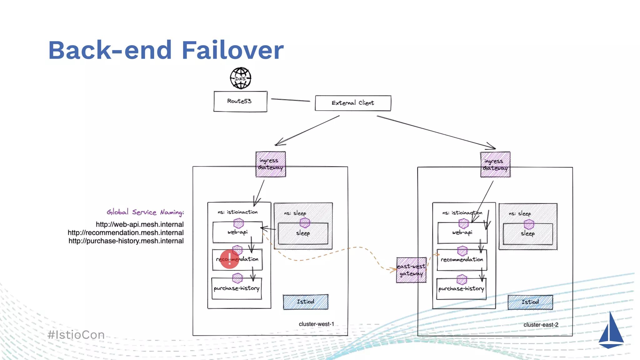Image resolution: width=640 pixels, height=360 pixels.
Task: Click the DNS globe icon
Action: pos(240,78)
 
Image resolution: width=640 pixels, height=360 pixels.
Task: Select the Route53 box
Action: pos(240,101)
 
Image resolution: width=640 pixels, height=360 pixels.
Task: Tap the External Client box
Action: pos(353,103)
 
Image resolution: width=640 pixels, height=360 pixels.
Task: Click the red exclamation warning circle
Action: pos(229,259)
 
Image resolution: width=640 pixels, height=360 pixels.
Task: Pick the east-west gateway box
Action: pos(411,270)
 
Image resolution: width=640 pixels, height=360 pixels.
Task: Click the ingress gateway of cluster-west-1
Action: pos(270,164)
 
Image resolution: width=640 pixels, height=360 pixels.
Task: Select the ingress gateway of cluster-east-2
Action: pos(495,165)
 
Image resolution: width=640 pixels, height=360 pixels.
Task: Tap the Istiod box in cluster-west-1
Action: pos(305,302)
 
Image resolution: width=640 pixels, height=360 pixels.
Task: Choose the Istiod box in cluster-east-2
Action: pos(530,302)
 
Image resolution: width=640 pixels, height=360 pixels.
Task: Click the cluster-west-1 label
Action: pos(316,324)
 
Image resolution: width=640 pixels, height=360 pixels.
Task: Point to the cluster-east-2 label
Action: pos(541,325)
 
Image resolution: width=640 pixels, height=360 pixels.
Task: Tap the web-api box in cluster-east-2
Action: pos(462,233)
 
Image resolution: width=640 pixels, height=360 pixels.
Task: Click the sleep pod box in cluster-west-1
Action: pos(303,233)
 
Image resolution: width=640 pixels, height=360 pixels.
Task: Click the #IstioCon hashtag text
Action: pos(76,335)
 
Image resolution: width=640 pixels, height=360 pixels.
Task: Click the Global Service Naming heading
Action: pos(145,212)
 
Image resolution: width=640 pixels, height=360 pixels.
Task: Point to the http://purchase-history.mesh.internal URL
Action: pos(126,241)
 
